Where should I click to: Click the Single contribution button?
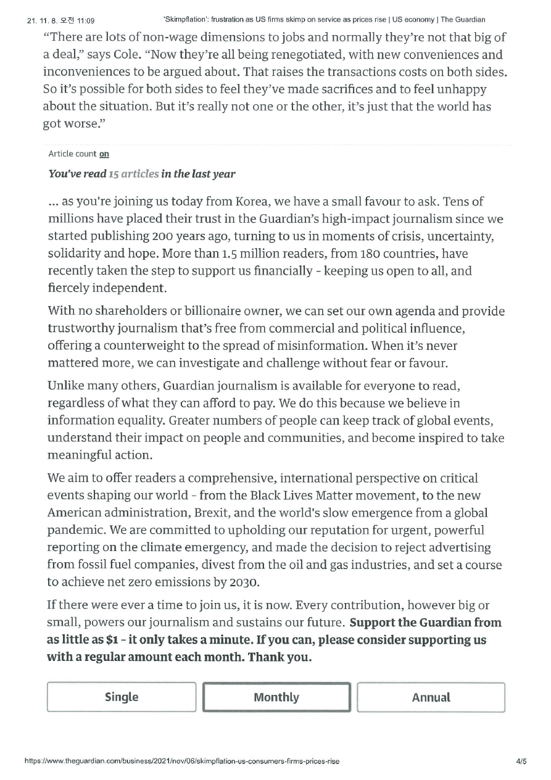tap(122, 697)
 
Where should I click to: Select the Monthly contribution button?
tap(276, 697)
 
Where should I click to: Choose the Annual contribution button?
tap(431, 697)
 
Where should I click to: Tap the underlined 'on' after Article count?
tap(104, 154)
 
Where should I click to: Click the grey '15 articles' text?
tap(133, 174)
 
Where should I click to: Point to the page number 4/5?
tap(521, 761)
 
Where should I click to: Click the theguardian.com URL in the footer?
tap(181, 761)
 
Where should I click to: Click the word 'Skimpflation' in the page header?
tap(186, 20)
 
